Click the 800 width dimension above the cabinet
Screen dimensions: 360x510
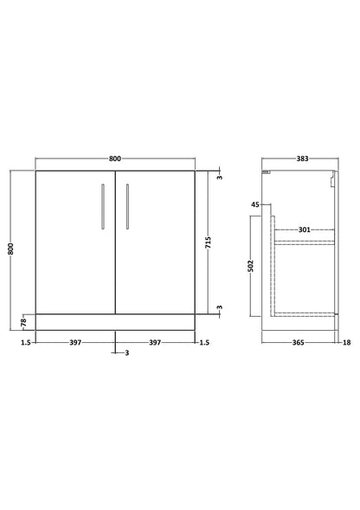point(115,158)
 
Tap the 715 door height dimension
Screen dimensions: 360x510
point(209,242)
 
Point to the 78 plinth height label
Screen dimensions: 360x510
point(23,323)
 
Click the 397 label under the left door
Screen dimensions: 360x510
point(75,343)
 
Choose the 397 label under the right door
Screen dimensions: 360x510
point(155,343)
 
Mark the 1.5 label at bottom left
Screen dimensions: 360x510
point(26,343)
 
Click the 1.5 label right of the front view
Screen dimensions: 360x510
point(204,343)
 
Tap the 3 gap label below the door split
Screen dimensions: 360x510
point(127,352)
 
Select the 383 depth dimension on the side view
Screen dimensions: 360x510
point(302,158)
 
